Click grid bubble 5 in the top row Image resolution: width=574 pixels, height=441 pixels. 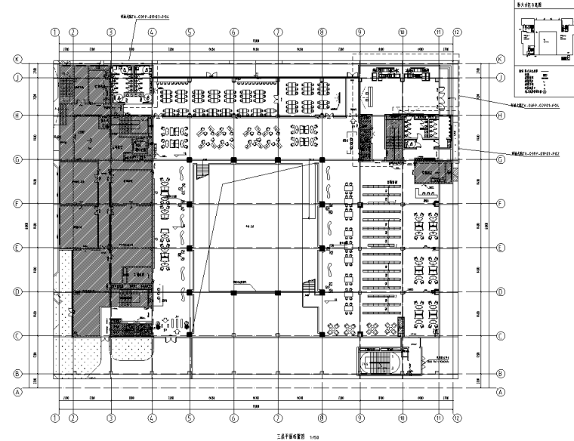190,32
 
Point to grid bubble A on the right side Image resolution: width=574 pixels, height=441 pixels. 500,392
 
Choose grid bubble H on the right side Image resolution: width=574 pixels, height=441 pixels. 500,116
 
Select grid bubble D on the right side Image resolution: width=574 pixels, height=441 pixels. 500,292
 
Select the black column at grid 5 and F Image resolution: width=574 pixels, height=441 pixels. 190,204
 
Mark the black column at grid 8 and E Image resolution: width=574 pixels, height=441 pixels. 322,248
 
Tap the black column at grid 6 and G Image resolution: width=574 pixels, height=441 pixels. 234,159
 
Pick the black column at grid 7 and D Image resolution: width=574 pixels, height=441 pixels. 278,292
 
